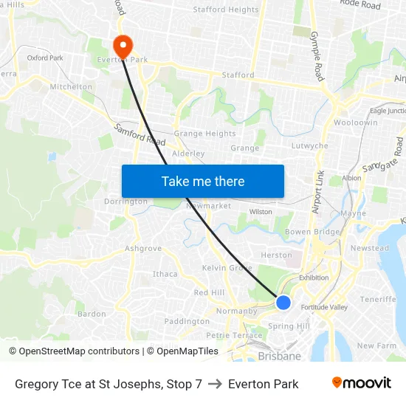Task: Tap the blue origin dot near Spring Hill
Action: tap(283, 303)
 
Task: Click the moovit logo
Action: tap(362, 383)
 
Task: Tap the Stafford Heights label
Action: tap(226, 10)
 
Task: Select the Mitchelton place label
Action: tap(71, 86)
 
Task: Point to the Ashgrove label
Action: tap(142, 249)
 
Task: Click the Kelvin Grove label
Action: tap(227, 268)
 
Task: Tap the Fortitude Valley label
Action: tap(323, 307)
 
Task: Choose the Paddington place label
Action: tap(187, 321)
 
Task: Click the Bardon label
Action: tap(92, 314)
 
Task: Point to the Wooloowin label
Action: tap(356, 123)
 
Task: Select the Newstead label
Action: tap(369, 249)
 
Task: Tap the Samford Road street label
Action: tap(140, 134)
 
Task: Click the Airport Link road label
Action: tap(318, 192)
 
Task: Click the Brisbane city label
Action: tap(279, 356)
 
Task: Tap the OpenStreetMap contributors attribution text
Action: tap(74, 351)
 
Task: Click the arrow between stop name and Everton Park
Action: tap(215, 384)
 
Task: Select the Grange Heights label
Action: tap(204, 134)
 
